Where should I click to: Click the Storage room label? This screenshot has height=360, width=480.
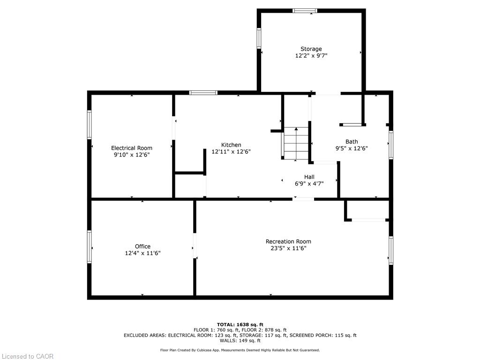[x=311, y=49]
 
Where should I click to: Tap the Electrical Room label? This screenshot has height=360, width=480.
[x=132, y=148]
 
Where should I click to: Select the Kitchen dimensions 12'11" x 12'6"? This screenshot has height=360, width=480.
[x=231, y=151]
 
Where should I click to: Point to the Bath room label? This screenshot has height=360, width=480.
[x=352, y=142]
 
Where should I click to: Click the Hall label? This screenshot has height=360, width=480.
[x=309, y=177]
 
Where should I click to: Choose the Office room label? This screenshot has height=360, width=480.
[x=142, y=247]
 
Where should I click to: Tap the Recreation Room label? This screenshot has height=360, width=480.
[x=288, y=241]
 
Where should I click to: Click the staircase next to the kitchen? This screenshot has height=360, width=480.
[x=296, y=143]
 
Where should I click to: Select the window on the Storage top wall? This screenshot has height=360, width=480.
[x=305, y=11]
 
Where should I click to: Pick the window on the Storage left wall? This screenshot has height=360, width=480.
[x=259, y=38]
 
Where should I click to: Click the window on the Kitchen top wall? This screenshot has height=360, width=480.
[x=203, y=93]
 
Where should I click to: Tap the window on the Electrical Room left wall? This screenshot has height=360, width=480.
[x=90, y=125]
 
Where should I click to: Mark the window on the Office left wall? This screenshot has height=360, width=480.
[x=90, y=247]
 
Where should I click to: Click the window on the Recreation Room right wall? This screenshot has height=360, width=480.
[x=391, y=250]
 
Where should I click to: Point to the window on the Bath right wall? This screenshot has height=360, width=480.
[x=391, y=145]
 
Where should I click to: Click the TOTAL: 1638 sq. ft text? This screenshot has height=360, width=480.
[x=240, y=324]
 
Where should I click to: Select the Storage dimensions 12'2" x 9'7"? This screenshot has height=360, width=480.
[x=311, y=56]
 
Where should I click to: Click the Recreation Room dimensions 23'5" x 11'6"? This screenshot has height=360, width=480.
[x=288, y=248]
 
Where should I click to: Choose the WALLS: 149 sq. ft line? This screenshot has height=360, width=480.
[x=240, y=340]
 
